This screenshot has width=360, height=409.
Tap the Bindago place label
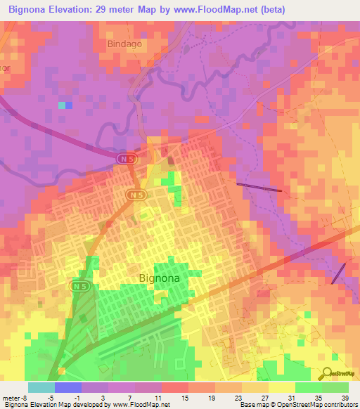pyautogui.click(x=124, y=44)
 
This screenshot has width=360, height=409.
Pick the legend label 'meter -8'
pyautogui.click(x=15, y=398)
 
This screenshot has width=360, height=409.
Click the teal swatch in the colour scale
pyautogui.click(x=41, y=387)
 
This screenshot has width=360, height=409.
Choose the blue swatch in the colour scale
pyautogui.click(x=67, y=387)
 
